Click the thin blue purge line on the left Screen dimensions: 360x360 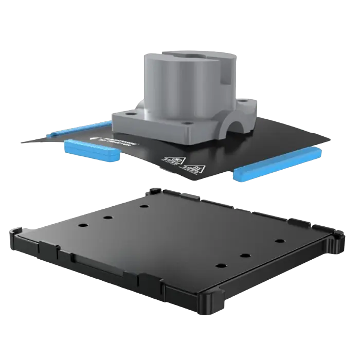pyautogui.click(x=77, y=129)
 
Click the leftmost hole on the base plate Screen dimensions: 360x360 pyautogui.click(x=82, y=226)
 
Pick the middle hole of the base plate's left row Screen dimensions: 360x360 pyautogui.click(x=109, y=217)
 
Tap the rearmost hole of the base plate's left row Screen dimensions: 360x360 pyautogui.click(x=143, y=206)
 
